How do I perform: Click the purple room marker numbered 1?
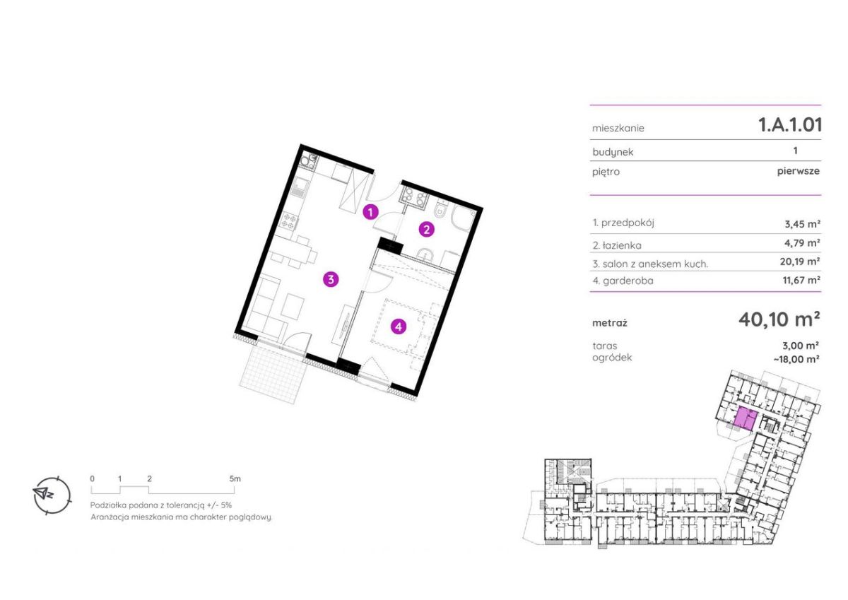point(370,212)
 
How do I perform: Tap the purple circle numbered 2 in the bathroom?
point(426,230)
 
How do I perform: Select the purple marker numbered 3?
point(331,280)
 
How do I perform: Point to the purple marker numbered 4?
point(399,326)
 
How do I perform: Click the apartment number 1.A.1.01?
point(790,124)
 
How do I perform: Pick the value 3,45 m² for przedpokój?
point(802,224)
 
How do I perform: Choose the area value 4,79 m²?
point(802,242)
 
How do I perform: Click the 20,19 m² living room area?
point(800,261)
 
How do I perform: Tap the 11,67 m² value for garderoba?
point(801,280)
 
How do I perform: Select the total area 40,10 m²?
point(779,319)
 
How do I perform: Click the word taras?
point(605,346)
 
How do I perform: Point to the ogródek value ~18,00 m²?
point(796,359)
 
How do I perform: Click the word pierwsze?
point(799,171)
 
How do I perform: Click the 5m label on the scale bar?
point(235,478)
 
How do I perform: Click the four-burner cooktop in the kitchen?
point(289,221)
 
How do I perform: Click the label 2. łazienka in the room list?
point(617,245)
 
